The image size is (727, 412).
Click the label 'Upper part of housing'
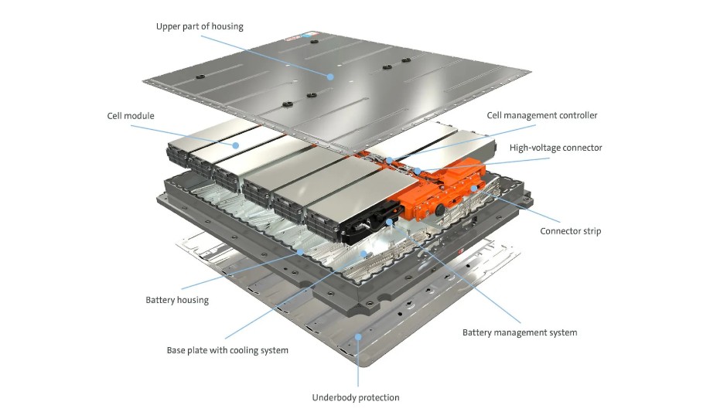(200, 26)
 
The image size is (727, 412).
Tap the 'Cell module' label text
(131, 116)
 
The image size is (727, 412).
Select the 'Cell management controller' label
(542, 115)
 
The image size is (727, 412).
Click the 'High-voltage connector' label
(555, 148)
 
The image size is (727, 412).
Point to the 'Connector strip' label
(570, 231)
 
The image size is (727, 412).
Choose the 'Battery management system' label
(520, 332)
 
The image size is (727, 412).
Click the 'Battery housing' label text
(177, 299)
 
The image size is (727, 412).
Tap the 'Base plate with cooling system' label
(227, 350)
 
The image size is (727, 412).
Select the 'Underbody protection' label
(356, 397)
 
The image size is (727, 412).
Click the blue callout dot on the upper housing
(330, 76)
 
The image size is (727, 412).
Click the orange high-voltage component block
(445, 189)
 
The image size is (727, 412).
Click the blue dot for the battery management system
(388, 222)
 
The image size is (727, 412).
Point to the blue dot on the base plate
(363, 252)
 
